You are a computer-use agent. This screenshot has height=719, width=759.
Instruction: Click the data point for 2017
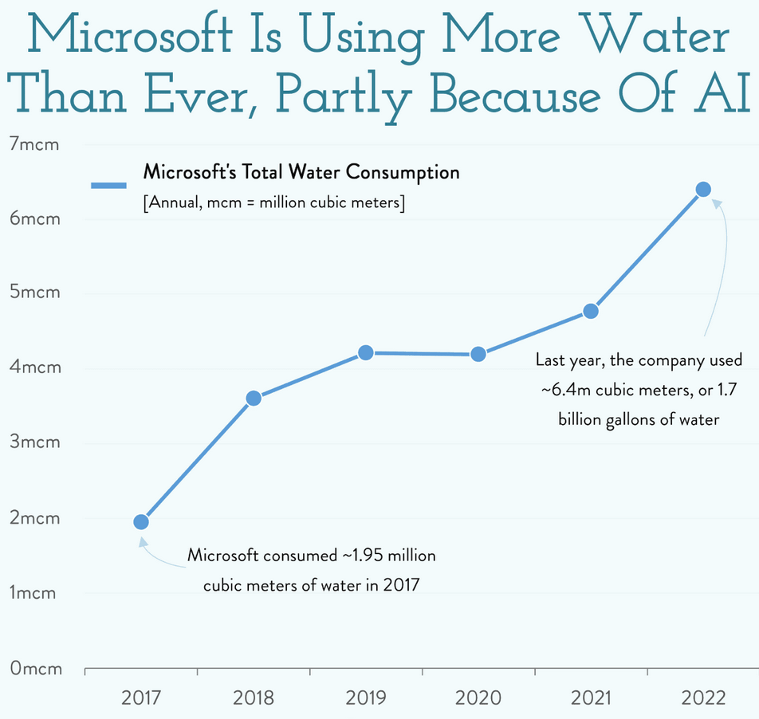(x=141, y=522)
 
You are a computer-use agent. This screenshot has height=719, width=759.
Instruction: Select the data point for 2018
(x=254, y=399)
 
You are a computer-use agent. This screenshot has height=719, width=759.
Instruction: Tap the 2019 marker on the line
(x=366, y=352)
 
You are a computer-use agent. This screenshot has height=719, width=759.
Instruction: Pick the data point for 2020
(x=478, y=354)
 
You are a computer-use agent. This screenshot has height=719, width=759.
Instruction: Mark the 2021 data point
(x=591, y=311)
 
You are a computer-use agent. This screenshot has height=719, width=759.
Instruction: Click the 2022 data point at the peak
(x=703, y=189)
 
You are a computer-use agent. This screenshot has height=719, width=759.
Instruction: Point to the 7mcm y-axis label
(x=34, y=144)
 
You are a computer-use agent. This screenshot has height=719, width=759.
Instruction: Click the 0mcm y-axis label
(x=34, y=669)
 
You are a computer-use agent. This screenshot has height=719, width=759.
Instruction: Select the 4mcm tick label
(x=34, y=369)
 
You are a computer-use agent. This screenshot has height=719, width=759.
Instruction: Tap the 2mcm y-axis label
(x=34, y=519)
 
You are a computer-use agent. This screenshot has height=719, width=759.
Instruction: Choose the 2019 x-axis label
(x=366, y=698)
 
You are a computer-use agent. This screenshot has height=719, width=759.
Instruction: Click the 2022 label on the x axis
(x=703, y=698)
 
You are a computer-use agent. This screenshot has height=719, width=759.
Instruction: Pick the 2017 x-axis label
(x=141, y=698)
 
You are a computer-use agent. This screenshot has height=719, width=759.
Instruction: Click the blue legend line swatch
(x=108, y=186)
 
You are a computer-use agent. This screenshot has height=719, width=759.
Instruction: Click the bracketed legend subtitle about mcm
(x=274, y=203)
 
